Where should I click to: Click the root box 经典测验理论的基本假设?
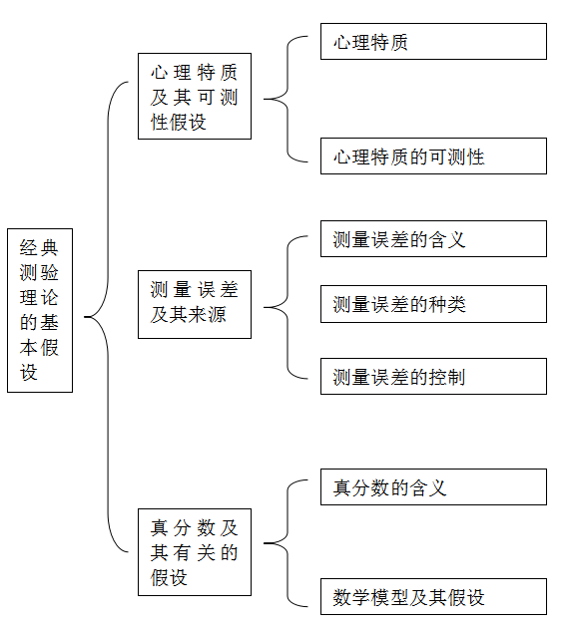pyautogui.click(x=40, y=310)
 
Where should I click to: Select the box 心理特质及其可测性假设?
pyautogui.click(x=195, y=96)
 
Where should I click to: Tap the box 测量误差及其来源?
pyautogui.click(x=195, y=304)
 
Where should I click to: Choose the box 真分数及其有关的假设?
pyautogui.click(x=195, y=552)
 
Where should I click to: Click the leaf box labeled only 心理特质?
pyautogui.click(x=433, y=42)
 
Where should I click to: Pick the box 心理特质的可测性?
pyautogui.click(x=433, y=156)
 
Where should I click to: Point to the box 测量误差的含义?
pyautogui.click(x=433, y=238)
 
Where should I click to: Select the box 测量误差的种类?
pyautogui.click(x=433, y=304)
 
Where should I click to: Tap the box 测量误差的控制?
pyautogui.click(x=433, y=377)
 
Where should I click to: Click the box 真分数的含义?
pyautogui.click(x=433, y=487)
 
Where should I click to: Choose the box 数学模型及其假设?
pyautogui.click(x=433, y=597)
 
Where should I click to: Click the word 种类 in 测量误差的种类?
pyautogui.click(x=447, y=304)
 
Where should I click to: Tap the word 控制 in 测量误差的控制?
pyautogui.click(x=447, y=377)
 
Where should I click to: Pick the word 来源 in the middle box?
pyautogui.click(x=208, y=314)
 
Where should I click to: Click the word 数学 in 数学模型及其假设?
pyautogui.click(x=351, y=597)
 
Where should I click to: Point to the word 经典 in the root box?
pyautogui.click(x=39, y=248)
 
